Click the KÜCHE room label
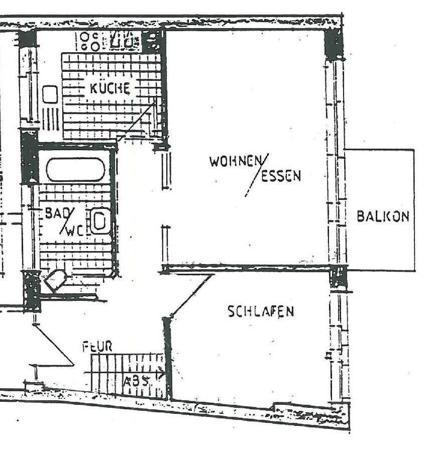[x=110, y=88]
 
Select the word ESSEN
[x=282, y=176]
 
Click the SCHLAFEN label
[x=261, y=311]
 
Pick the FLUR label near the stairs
[x=97, y=347]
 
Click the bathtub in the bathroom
[x=75, y=170]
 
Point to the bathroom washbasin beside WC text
[x=99, y=221]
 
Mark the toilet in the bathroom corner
[x=56, y=280]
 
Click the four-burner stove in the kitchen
[x=90, y=40]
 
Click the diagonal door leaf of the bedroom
[x=191, y=296]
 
